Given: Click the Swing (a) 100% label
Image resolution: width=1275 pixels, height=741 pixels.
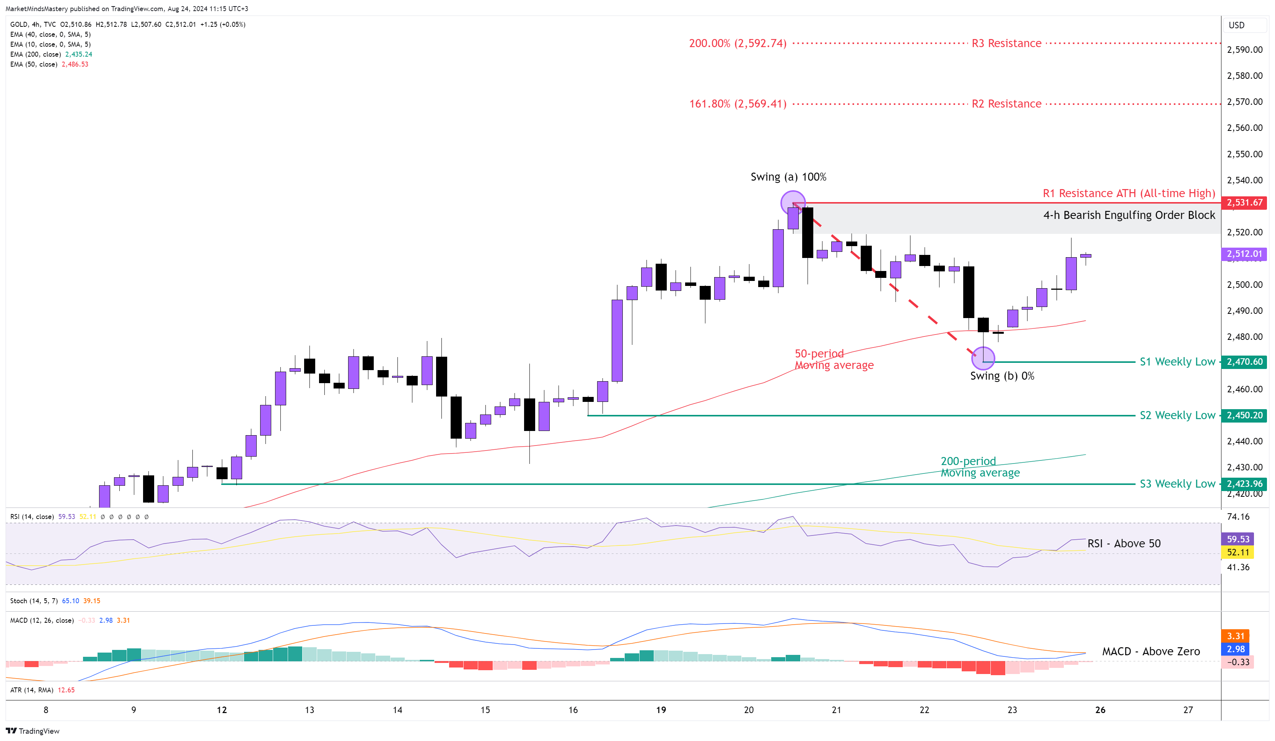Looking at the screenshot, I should [x=788, y=177].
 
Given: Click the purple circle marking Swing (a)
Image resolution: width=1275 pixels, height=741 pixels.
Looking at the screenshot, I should [x=793, y=203].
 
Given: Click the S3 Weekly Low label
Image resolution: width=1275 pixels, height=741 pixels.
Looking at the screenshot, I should [x=1177, y=484].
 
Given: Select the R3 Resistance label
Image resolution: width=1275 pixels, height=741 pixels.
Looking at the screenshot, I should [x=1006, y=44].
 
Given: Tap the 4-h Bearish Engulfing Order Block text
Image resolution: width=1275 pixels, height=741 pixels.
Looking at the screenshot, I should [x=1129, y=215].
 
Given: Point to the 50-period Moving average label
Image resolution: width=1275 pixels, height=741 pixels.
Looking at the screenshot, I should [x=834, y=359].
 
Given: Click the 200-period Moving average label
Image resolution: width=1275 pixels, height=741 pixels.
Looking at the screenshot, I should [x=980, y=467].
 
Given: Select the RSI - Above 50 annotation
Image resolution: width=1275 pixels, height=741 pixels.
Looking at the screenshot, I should [x=1124, y=544].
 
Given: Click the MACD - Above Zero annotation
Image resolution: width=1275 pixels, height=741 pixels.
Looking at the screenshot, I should [x=1151, y=651].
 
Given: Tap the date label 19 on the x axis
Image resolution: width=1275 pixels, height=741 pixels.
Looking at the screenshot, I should [x=661, y=710].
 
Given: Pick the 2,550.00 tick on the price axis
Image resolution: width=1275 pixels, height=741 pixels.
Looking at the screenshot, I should [x=1245, y=154].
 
